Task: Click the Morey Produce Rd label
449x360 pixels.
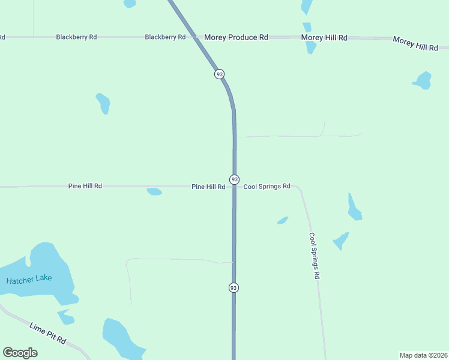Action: point(236,37)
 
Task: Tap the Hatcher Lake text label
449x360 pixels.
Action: point(29,279)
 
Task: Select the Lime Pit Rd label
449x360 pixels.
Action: point(47,333)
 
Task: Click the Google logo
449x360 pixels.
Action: point(20,353)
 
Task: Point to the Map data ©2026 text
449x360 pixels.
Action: point(423,355)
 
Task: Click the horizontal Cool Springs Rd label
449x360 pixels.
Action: point(267,187)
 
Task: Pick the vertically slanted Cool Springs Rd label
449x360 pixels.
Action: point(315,256)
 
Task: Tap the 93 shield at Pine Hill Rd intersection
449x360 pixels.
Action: point(234,179)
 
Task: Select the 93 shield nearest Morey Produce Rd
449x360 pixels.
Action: point(219,74)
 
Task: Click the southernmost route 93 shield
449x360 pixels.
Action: point(234,288)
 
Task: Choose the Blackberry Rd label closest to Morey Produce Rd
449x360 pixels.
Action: point(165,37)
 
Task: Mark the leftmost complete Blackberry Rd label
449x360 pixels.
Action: point(76,37)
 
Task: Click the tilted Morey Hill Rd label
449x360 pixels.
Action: point(415,43)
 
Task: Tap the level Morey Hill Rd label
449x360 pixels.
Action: point(324,37)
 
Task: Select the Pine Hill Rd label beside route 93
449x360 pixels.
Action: point(208,187)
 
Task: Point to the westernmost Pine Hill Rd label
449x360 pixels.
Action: point(85,187)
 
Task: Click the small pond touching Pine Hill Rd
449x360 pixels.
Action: point(154,192)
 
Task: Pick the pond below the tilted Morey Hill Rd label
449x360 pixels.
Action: point(423,80)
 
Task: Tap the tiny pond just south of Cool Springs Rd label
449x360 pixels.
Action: point(283,221)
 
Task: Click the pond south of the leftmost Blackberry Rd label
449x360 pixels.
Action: point(103,103)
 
